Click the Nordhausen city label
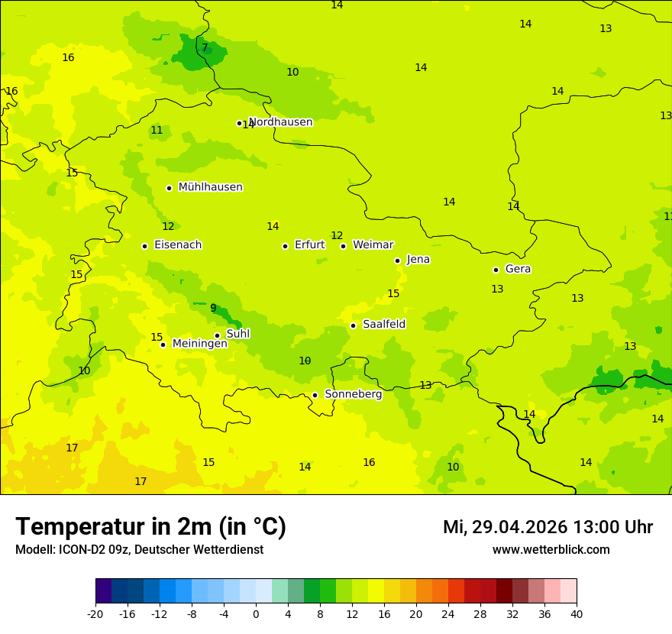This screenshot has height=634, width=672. pos(281,122)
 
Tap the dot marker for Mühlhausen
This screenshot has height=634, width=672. pos(169,188)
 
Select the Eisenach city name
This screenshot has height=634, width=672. pos(178,245)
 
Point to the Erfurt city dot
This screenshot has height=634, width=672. pos(285,246)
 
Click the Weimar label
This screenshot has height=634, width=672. pos(373,245)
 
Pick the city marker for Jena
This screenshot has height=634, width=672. pos(397,260)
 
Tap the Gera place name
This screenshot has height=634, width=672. pos(518,269)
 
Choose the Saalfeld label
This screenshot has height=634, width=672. pos(384,325)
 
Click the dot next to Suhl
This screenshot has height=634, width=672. pos(217,335)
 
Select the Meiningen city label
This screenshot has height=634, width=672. pos(199,344)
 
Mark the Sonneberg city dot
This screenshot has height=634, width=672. pos(315,395)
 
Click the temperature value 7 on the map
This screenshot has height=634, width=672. pos(205,47)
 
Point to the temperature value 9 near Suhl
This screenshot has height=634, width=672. pos(213,309)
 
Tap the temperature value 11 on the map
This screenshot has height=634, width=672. pos(157,131)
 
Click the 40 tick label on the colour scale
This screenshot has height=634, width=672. pos(576,613)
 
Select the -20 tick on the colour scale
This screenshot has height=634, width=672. pos(95,613)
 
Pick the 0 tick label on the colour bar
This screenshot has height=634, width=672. pos(256,613)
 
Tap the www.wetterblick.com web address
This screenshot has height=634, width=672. pos(551,550)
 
